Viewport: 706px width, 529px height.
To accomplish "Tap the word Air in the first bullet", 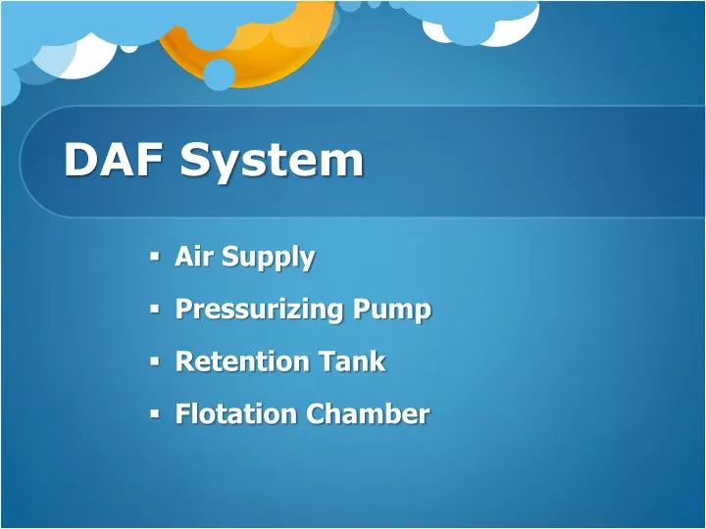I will [194, 257].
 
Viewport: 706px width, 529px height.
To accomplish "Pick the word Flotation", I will [235, 413].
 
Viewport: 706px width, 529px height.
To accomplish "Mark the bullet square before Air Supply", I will [155, 257].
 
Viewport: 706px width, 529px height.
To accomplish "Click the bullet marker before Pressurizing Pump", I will [155, 309].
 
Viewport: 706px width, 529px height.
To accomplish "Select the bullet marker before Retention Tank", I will [155, 361].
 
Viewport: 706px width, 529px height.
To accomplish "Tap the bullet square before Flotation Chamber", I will [155, 412].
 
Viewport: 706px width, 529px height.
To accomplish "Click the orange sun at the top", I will [245, 39].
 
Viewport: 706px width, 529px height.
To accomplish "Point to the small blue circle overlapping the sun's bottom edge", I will [219, 73].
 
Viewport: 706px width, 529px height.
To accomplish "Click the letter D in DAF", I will [80, 160].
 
